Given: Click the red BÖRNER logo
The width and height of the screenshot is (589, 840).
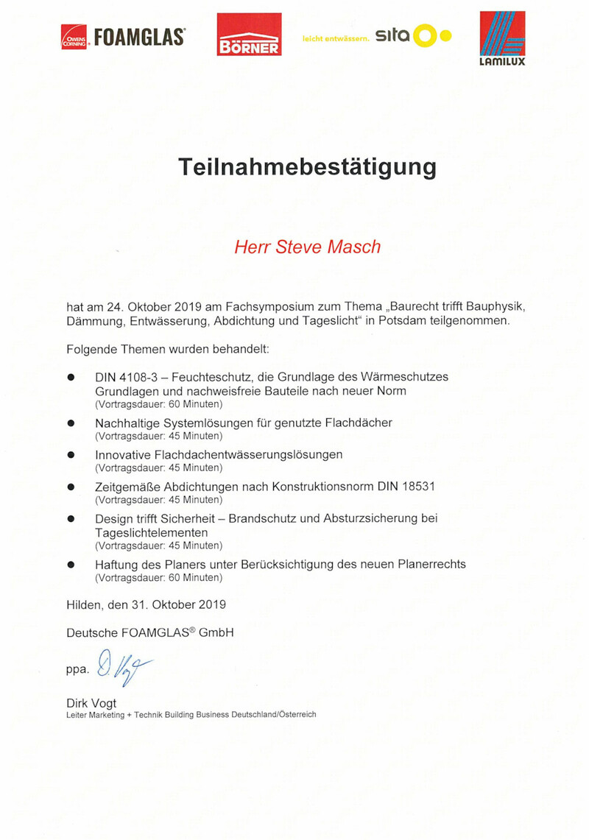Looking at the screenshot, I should (x=249, y=34).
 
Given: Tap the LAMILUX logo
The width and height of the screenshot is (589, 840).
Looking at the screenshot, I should (x=503, y=38).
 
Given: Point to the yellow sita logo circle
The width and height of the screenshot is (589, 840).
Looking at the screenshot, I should (x=425, y=35).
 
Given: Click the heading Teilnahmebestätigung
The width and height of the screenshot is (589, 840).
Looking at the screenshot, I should (x=308, y=167).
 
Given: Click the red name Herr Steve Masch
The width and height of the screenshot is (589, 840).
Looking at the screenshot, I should (x=307, y=247).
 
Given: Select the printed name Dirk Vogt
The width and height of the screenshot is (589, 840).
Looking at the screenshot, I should (x=91, y=703).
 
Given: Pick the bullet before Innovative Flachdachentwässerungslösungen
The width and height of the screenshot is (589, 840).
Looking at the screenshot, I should (x=71, y=456).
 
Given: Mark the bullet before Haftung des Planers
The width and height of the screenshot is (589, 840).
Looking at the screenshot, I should (x=71, y=565).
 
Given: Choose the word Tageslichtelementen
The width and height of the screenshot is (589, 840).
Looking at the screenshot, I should (x=152, y=532).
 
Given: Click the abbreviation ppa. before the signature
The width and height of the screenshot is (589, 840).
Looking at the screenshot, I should (x=77, y=669).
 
